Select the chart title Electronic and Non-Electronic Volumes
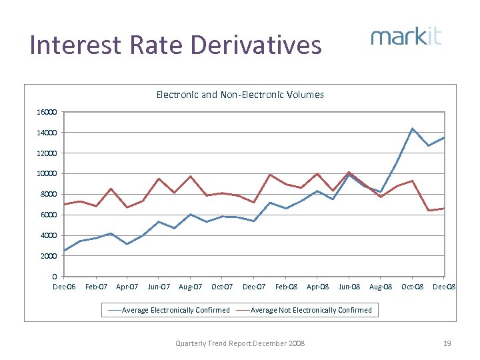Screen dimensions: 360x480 coord(240,95)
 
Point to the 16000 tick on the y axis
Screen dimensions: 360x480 coord(47,112)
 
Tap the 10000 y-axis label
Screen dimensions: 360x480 coord(47,174)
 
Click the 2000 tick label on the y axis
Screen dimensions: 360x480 coord(49,256)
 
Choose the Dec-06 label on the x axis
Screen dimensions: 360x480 coord(65,287)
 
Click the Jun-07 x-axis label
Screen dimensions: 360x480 coord(159,287)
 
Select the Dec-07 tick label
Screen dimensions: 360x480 coord(254,287)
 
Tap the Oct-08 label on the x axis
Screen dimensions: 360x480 coord(412,287)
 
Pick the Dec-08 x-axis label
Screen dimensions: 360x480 coord(444,287)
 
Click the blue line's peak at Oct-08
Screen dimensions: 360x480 coord(413,128)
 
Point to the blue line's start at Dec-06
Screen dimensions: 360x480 coord(65,251)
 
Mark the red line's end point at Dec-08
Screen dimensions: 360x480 coord(444,208)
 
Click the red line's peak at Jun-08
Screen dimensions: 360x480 coord(349,172)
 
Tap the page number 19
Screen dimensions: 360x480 coord(447,343)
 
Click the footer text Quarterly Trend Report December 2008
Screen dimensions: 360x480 coord(240,343)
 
